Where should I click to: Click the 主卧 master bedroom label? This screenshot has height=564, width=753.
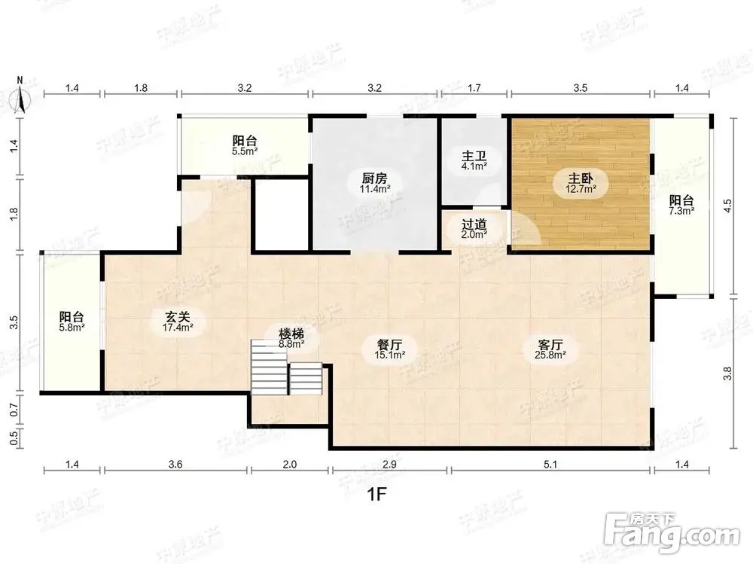[581, 178]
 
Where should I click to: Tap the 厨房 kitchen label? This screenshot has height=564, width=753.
[374, 178]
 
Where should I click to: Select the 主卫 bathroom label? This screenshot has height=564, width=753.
[474, 156]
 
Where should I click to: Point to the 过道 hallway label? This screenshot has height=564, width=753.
[474, 224]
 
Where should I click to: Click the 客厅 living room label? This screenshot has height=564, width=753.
[550, 345]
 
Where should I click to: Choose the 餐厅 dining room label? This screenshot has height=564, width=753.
[389, 345]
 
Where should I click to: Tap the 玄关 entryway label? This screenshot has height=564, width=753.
[178, 317]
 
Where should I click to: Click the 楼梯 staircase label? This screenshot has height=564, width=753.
[291, 334]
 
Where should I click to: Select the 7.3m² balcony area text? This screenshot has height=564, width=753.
[681, 211]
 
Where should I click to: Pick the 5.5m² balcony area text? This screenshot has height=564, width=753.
[245, 151]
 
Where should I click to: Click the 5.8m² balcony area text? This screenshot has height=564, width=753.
[72, 328]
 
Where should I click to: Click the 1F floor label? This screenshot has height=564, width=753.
[377, 493]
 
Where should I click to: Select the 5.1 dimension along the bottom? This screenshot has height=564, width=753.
[550, 464]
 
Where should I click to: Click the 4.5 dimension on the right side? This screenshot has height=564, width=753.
[727, 206]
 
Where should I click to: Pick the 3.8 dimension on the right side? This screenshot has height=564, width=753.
[727, 373]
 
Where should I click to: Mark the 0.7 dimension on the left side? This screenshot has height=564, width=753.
[14, 410]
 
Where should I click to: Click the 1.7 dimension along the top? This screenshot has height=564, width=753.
[474, 88]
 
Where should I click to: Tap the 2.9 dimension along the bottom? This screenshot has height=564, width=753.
[389, 464]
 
